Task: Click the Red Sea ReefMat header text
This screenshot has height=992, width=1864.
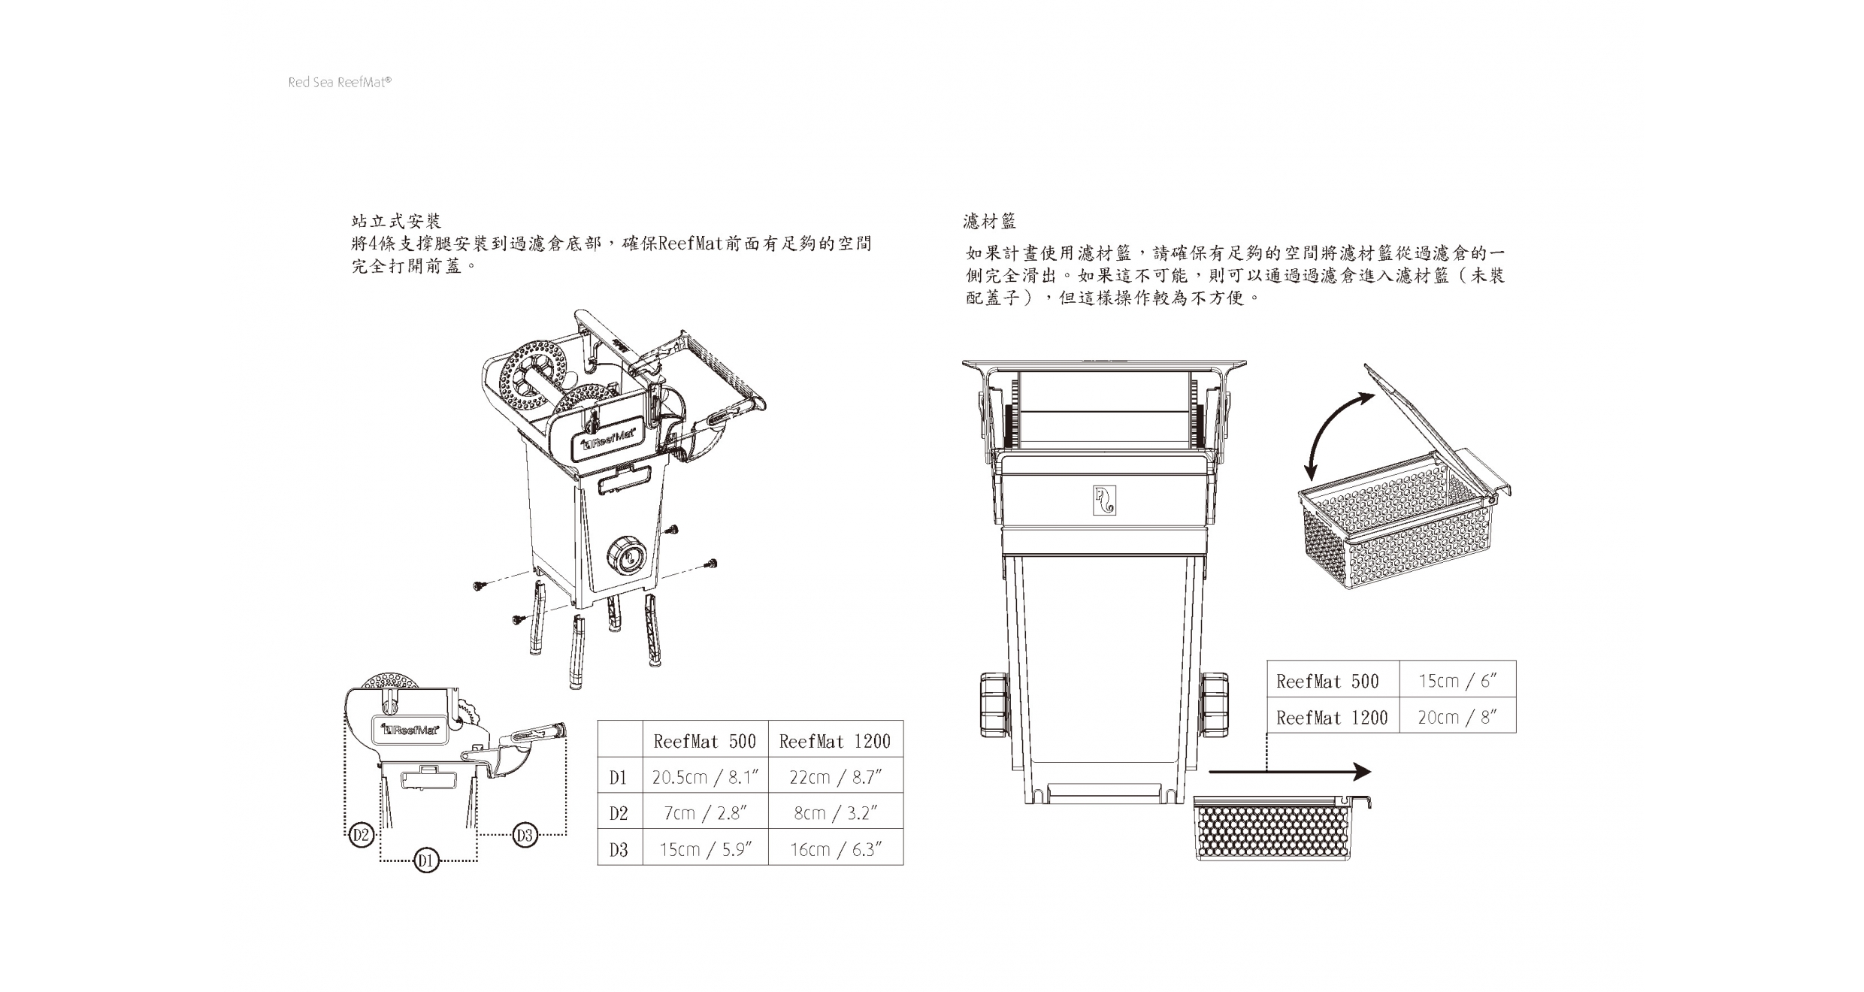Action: pyautogui.click(x=340, y=83)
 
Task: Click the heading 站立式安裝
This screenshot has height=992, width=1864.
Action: pyautogui.click(x=396, y=222)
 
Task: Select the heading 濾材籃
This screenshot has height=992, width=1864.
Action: pyautogui.click(x=990, y=222)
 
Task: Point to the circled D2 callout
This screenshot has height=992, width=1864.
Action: pyautogui.click(x=362, y=835)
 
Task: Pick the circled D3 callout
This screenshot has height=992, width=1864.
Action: pyautogui.click(x=525, y=835)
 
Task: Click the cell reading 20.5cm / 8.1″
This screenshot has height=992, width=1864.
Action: pyautogui.click(x=705, y=777)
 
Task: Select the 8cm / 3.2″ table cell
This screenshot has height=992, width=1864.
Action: pyautogui.click(x=835, y=813)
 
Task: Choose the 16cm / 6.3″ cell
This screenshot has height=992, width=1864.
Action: pyautogui.click(x=835, y=849)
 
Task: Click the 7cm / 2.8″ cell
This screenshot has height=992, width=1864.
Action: pyautogui.click(x=705, y=813)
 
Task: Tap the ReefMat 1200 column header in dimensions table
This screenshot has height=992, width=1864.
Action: pyautogui.click(x=835, y=742)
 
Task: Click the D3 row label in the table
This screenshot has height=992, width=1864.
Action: pyautogui.click(x=619, y=849)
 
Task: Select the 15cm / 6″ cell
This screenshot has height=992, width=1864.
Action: pyautogui.click(x=1457, y=681)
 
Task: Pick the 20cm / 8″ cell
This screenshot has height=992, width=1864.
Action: pyautogui.click(x=1457, y=717)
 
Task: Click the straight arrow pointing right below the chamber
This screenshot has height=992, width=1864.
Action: pyautogui.click(x=1289, y=771)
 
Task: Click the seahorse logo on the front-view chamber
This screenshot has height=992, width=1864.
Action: pyautogui.click(x=1104, y=501)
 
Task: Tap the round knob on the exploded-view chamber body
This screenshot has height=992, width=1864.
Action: pyautogui.click(x=625, y=558)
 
